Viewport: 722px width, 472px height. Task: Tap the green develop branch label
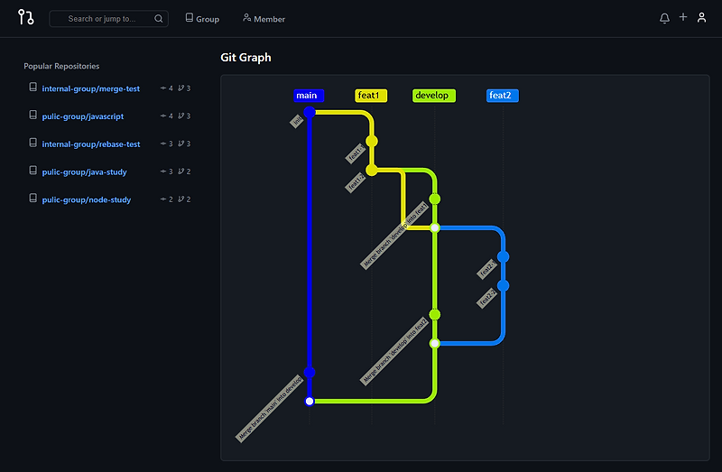[x=434, y=96]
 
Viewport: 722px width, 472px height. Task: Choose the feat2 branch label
[x=502, y=96]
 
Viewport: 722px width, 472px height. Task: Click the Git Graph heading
[x=245, y=58]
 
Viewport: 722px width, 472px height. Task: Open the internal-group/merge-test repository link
[x=90, y=88]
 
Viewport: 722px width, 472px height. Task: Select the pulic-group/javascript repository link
[x=82, y=116]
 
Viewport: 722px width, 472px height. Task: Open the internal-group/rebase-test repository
[x=90, y=144]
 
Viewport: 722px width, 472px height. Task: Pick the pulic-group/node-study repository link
[x=86, y=199]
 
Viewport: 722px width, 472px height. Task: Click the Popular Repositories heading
[x=61, y=66]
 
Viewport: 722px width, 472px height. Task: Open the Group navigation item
[x=202, y=18]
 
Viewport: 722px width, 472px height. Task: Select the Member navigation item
[x=264, y=18]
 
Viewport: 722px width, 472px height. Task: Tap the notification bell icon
[x=665, y=18]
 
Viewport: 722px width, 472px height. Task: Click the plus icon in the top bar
[x=683, y=17]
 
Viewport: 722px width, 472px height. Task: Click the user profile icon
[x=701, y=18]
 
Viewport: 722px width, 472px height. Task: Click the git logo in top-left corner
[x=25, y=17]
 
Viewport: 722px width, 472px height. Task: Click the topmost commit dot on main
[x=310, y=112]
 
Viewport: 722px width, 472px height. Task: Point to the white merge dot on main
[x=310, y=401]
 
